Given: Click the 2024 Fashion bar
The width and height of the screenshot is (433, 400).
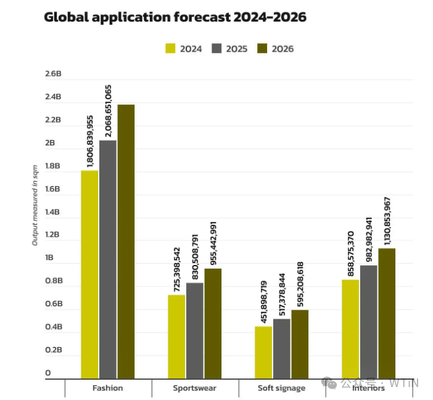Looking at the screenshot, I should [x=89, y=274].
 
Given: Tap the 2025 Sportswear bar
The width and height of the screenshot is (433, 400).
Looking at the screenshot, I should [x=195, y=330].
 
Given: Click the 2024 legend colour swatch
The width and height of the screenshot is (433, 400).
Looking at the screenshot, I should [x=171, y=48].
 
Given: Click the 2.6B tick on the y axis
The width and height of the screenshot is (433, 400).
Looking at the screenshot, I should [x=53, y=74].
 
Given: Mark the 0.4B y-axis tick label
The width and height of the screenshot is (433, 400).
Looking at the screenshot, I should [x=53, y=327].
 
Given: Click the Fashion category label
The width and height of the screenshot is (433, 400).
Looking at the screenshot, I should [x=107, y=388].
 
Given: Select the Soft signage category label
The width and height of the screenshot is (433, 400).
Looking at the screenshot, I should [x=281, y=388].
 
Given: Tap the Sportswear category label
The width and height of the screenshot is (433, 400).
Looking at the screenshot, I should [x=194, y=388].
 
